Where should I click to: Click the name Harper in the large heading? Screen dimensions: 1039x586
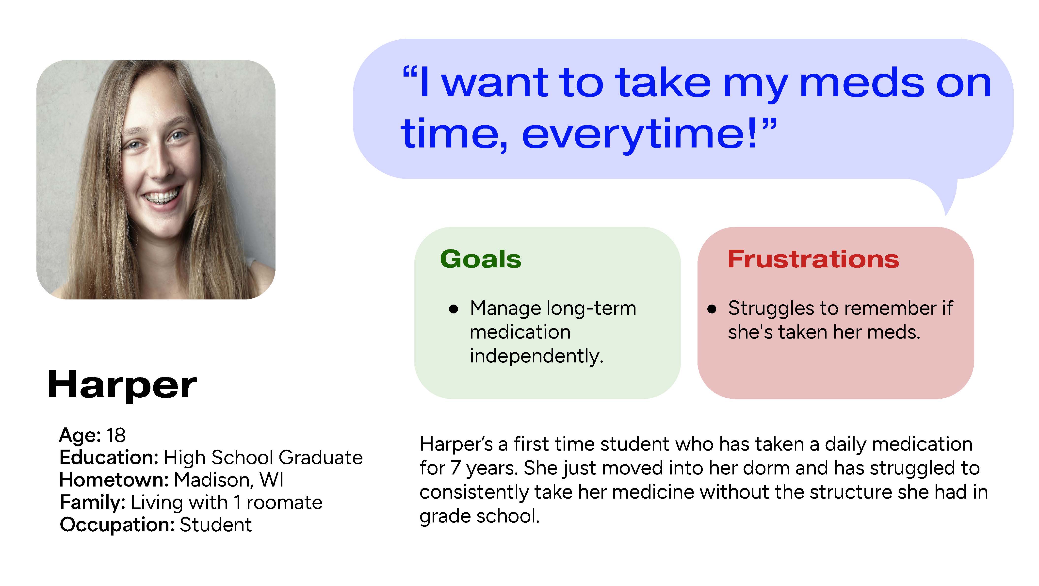tap(122, 385)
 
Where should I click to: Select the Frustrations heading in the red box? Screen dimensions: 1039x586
tap(813, 259)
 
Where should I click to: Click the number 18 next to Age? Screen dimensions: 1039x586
tap(116, 435)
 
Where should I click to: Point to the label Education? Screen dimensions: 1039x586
tap(109, 457)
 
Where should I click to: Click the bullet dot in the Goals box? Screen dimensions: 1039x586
tap(454, 309)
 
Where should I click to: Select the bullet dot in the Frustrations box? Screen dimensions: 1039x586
tap(712, 309)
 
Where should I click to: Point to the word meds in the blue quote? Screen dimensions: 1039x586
tap(861, 83)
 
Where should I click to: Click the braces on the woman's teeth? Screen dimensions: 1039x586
tap(161, 197)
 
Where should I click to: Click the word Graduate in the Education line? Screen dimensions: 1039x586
tap(321, 457)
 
